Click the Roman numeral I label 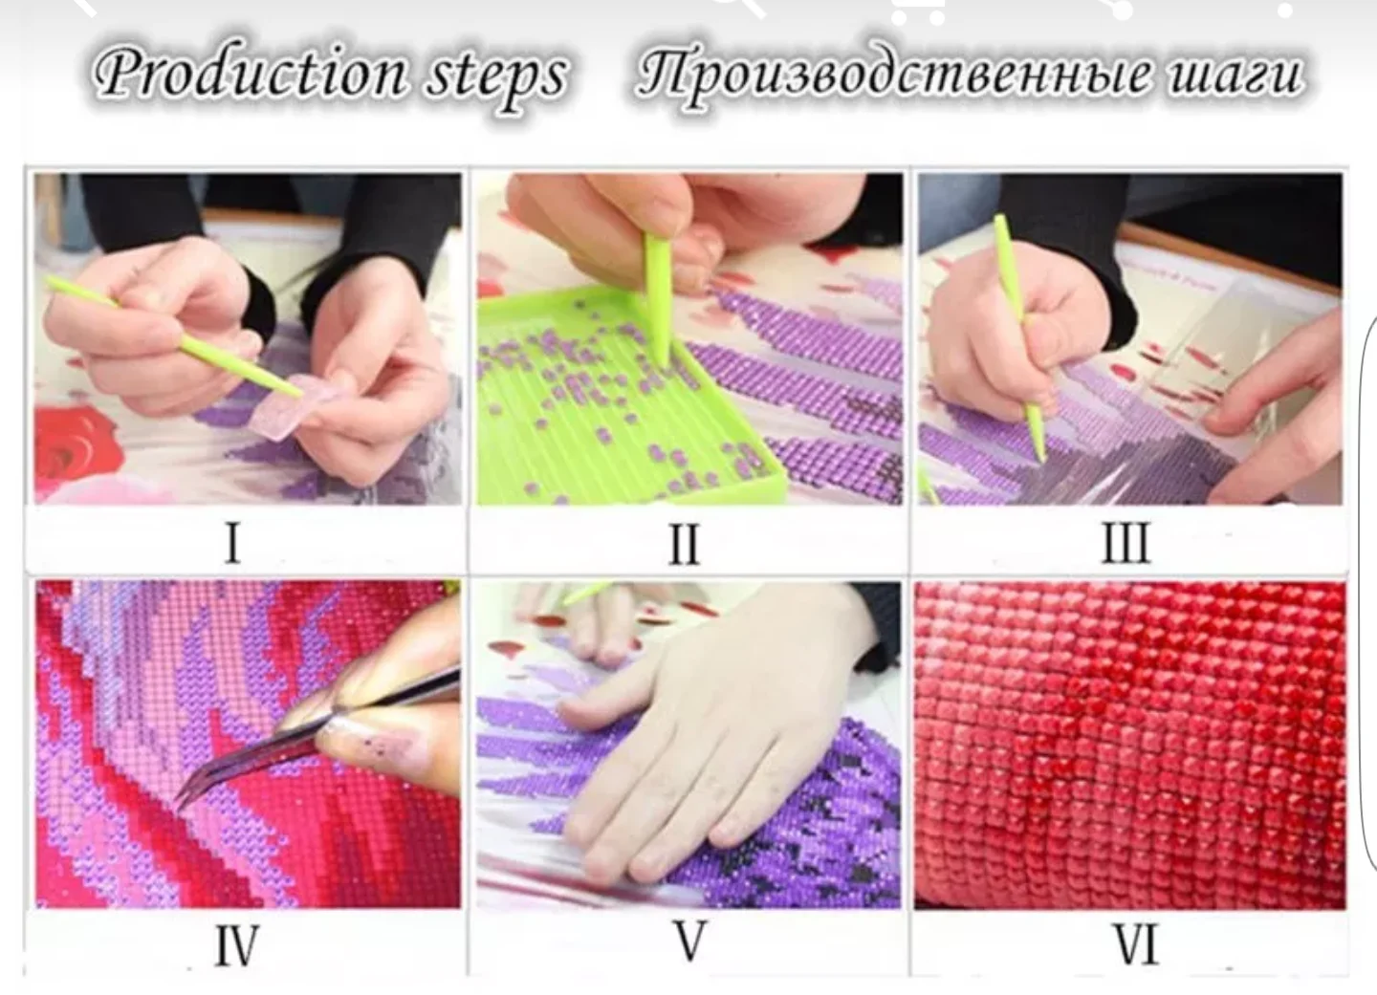[233, 543]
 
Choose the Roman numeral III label [1126, 542]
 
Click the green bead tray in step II [621, 400]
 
